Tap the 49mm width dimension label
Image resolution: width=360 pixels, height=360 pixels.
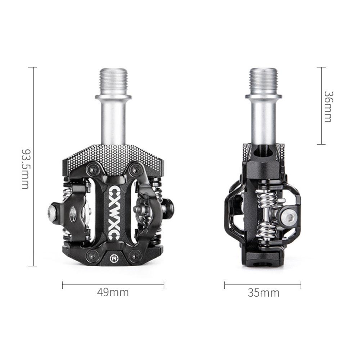[113, 292]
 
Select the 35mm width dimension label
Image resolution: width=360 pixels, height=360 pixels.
[263, 293]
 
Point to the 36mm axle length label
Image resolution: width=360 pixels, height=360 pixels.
[328, 107]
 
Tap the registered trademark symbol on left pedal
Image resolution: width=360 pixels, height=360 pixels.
[114, 258]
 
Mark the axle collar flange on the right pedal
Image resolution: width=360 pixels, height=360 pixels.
[263, 96]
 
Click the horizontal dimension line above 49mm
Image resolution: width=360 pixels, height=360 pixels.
[113, 285]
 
